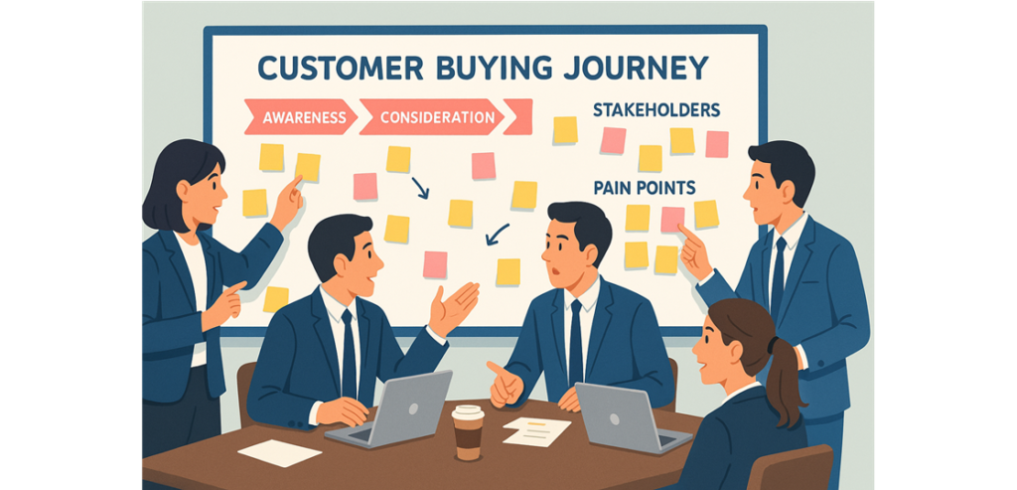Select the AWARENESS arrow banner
tap(301, 117)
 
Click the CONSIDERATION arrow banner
tap(432, 117)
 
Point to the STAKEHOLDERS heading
tap(656, 110)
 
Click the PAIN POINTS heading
tap(644, 188)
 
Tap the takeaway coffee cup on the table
tap(469, 432)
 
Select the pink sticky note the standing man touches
tap(672, 219)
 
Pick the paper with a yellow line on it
tap(536, 431)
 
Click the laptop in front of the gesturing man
tap(390, 408)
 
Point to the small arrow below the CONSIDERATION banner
tap(420, 188)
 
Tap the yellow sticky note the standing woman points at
tap(308, 167)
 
